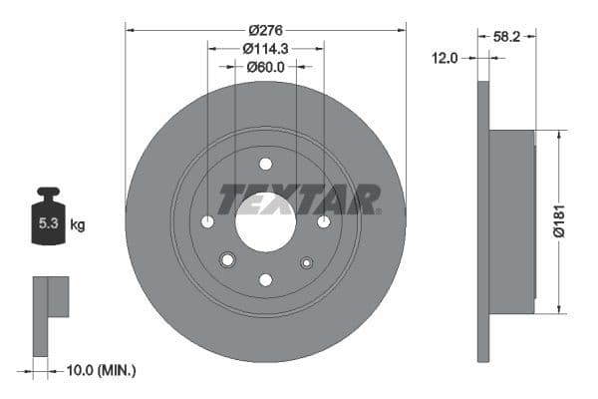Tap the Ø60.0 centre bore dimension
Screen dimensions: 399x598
click(265, 67)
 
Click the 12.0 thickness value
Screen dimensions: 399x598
click(446, 58)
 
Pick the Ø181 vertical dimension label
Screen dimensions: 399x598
click(560, 220)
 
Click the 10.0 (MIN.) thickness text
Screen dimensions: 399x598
click(99, 371)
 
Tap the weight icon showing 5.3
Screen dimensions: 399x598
click(48, 220)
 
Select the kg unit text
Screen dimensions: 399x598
click(78, 225)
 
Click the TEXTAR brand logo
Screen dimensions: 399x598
click(299, 199)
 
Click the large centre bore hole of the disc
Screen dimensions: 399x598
click(265, 221)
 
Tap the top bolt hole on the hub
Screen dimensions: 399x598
click(265, 164)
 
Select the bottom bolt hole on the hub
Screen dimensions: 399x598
click(265, 280)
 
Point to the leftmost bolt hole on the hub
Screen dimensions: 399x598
click(207, 221)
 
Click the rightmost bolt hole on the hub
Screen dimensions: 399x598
click(324, 221)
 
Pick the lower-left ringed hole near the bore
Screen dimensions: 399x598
click(227, 260)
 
